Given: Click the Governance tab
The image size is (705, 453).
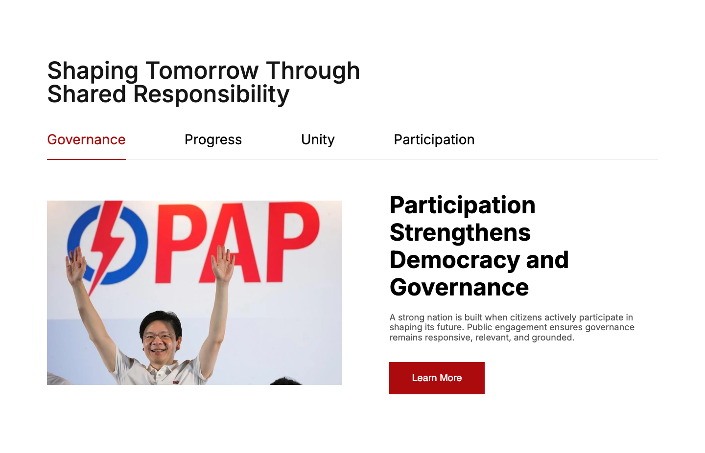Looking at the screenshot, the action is [x=86, y=140].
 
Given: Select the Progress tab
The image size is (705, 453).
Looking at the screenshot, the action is [x=213, y=140].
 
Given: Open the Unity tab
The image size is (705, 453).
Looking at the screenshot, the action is [x=318, y=140].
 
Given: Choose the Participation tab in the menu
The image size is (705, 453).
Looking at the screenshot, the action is [x=434, y=140].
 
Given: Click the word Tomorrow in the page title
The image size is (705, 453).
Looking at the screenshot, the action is [x=202, y=71].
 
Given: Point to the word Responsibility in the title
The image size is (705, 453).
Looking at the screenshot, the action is [x=211, y=95].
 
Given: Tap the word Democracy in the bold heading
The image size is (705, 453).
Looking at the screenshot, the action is [x=455, y=260].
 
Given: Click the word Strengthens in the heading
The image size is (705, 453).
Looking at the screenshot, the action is [x=460, y=233].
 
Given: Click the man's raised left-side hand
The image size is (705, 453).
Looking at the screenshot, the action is [x=75, y=264].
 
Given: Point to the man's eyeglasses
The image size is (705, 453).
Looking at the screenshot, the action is [x=159, y=337].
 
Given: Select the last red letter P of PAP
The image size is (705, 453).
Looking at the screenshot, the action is [x=293, y=242].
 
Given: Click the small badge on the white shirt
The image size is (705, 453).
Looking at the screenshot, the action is [x=175, y=383].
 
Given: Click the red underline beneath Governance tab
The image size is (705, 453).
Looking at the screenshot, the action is [x=86, y=159].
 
